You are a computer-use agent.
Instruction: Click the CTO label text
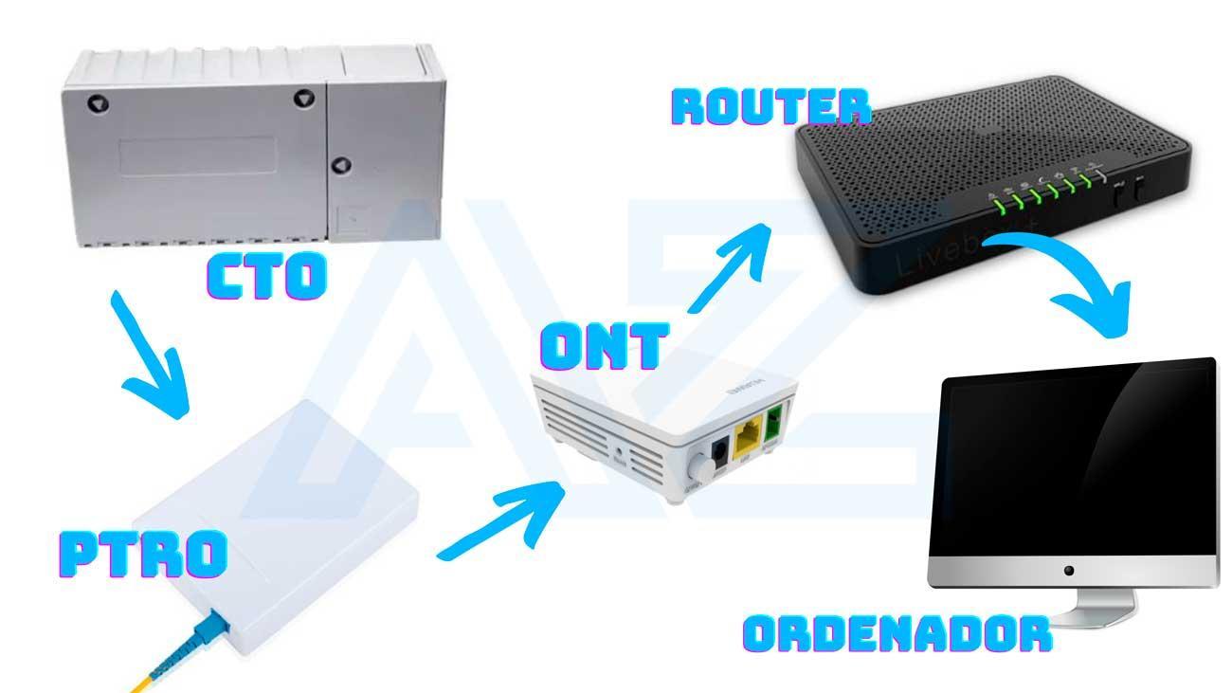(x=267, y=276)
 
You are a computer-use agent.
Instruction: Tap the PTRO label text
(x=143, y=555)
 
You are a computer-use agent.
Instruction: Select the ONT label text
(x=604, y=346)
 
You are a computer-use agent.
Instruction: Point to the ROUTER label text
(x=771, y=107)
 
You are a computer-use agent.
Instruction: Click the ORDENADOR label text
(x=897, y=634)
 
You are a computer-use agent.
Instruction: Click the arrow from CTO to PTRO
(x=152, y=357)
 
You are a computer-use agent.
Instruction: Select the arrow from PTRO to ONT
(x=503, y=520)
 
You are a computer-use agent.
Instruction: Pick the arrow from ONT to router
(x=729, y=266)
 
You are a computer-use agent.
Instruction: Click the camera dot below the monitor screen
(x=1069, y=571)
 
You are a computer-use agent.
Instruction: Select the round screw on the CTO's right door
(x=341, y=165)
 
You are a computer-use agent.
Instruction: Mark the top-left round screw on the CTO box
(x=98, y=102)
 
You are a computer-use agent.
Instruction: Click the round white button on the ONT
(x=698, y=467)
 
